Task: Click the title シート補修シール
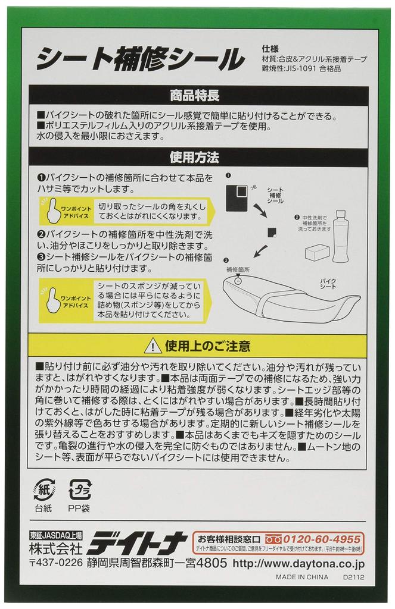coord(140,59)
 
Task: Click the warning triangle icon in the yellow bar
coord(153,346)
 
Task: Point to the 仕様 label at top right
coord(269,49)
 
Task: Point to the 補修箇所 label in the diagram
coord(238,269)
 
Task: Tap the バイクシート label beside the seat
coord(331,283)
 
